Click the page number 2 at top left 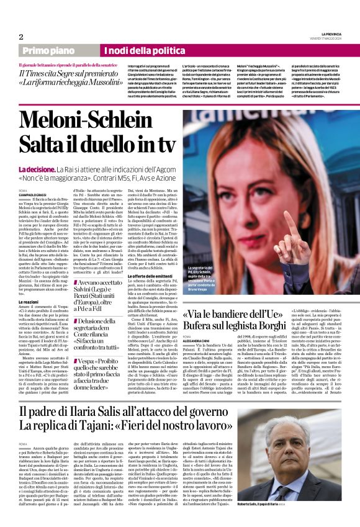tap(21, 36)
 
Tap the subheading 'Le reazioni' tap(30, 299)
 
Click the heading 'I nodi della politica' tap(142, 50)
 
